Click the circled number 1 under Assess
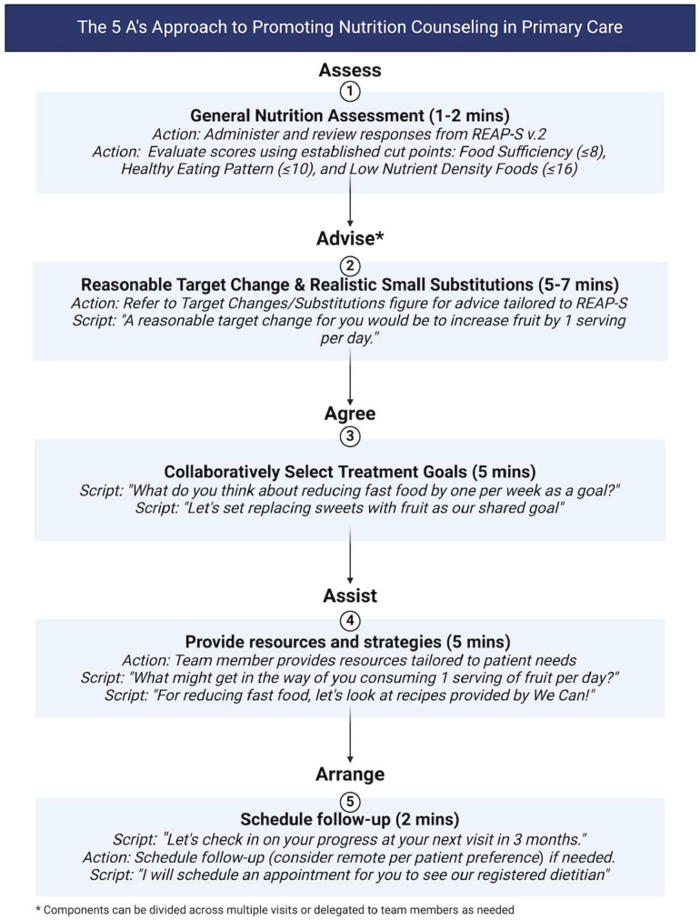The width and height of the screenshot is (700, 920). [350, 92]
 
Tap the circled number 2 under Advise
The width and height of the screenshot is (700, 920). [350, 265]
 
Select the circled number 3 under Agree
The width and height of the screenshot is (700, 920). [350, 436]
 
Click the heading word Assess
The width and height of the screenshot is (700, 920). [350, 70]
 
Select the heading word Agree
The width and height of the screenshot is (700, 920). [350, 414]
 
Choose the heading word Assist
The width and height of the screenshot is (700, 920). [350, 597]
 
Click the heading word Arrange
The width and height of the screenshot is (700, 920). [350, 775]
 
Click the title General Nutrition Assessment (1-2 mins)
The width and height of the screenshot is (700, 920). [350, 115]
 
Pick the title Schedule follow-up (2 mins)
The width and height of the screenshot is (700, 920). [350, 819]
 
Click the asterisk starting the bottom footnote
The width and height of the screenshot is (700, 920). [39, 907]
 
